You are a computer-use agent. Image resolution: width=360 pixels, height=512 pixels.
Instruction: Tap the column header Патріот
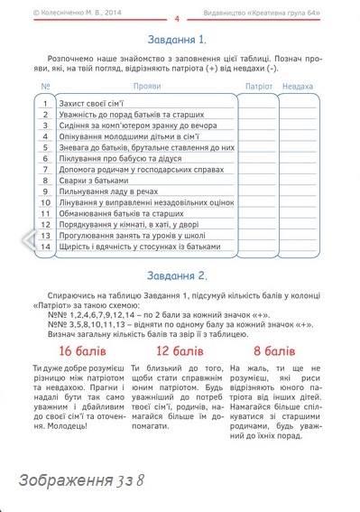click(258, 86)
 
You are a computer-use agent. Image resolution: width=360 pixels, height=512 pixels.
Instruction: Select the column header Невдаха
click(298, 86)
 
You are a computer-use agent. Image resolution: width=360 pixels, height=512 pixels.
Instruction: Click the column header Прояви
click(146, 86)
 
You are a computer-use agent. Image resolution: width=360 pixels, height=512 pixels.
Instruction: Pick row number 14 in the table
click(44, 246)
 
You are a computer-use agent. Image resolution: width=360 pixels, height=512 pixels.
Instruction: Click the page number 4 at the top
click(178, 17)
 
